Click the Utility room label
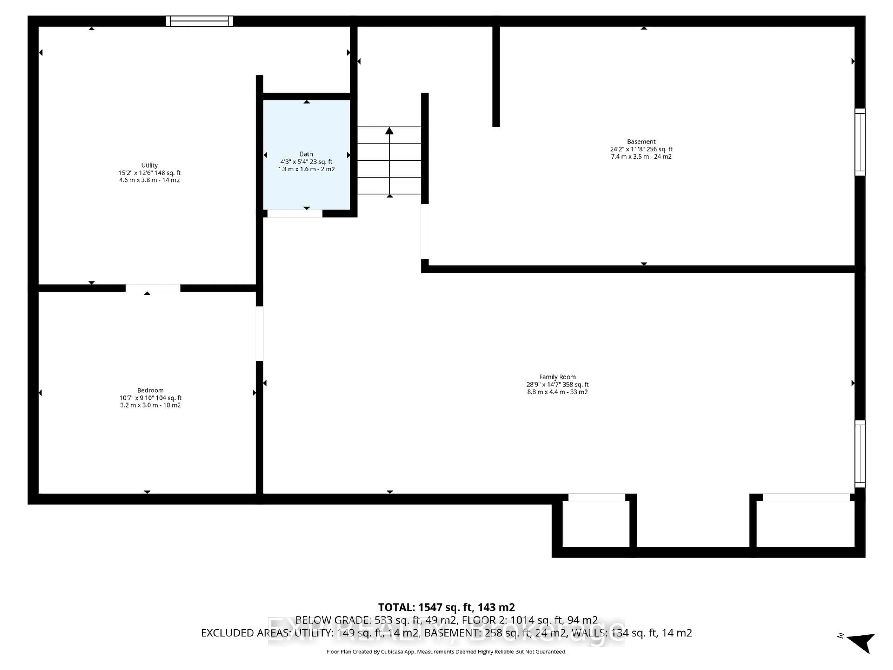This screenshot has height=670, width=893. (x=149, y=165)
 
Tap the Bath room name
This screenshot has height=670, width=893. (x=307, y=154)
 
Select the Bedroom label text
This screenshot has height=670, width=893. (x=150, y=390)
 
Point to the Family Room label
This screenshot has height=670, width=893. (x=557, y=377)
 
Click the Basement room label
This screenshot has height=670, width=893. (x=641, y=141)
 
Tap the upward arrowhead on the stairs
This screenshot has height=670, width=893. (x=389, y=131)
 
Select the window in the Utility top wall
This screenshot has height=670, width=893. (x=200, y=21)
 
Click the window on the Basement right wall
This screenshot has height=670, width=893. (x=860, y=142)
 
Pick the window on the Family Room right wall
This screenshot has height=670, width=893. (x=860, y=454)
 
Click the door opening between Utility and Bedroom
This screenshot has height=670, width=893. (x=153, y=288)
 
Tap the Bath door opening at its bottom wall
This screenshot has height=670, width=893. (x=295, y=214)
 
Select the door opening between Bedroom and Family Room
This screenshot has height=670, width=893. (x=260, y=334)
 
